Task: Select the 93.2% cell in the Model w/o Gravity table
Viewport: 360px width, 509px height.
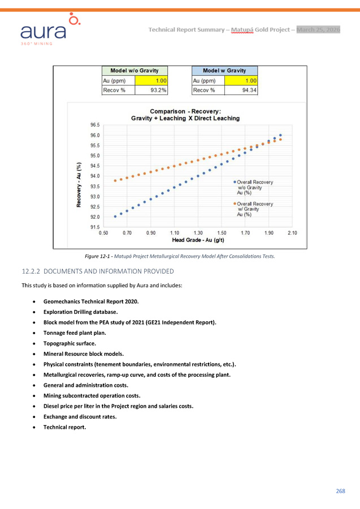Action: [152, 90]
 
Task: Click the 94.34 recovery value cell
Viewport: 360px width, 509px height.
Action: [241, 90]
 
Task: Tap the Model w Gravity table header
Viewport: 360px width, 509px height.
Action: [224, 70]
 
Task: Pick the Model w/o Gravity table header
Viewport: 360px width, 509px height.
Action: [135, 70]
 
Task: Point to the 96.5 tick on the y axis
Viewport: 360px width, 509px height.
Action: [95, 124]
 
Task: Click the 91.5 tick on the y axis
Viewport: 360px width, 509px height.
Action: [95, 227]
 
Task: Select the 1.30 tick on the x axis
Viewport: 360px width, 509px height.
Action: [198, 233]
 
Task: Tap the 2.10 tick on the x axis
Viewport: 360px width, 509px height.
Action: [292, 233]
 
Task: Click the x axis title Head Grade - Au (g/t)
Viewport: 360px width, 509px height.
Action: [198, 240]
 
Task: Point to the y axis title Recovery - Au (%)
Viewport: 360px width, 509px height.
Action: [79, 185]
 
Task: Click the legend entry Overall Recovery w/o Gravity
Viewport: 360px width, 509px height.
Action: [255, 187]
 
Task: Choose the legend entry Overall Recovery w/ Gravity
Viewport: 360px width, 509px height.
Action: [255, 209]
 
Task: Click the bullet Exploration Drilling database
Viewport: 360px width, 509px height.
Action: [80, 312]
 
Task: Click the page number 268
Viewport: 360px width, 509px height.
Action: [340, 490]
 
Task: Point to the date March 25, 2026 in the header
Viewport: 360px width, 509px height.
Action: [318, 29]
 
